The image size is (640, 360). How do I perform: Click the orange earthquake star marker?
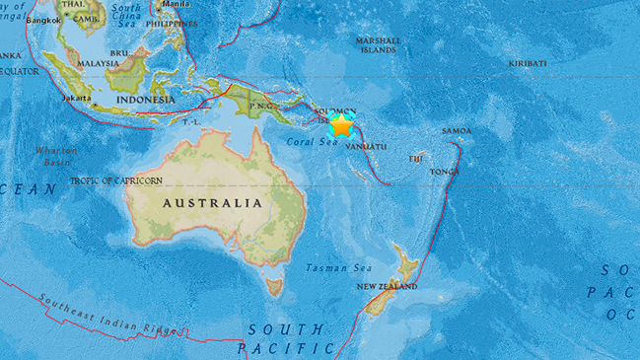click(341, 125)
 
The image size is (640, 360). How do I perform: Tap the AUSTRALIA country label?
click(213, 203)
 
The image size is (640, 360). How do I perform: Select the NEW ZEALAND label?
click(387, 287)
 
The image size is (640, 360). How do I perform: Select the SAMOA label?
click(457, 130)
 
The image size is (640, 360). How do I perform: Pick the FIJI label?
click(416, 158)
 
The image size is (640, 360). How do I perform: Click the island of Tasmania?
click(275, 287)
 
